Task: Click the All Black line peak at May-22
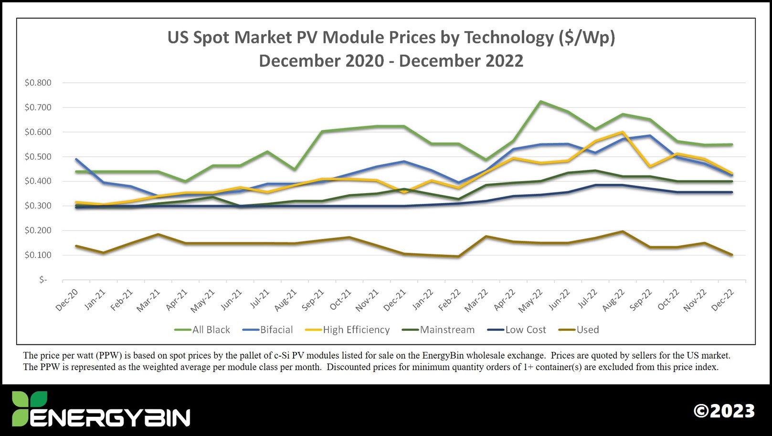(540, 101)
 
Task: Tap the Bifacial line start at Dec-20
(76, 159)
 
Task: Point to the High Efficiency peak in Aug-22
(622, 132)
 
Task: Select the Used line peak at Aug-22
(622, 231)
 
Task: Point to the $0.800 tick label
(38, 83)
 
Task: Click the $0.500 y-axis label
(38, 157)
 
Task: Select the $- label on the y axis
(43, 280)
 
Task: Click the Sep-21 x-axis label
(313, 300)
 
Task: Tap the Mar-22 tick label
(477, 300)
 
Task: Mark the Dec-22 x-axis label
(722, 300)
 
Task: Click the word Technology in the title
(508, 37)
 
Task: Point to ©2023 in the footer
(724, 411)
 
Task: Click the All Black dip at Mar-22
(486, 160)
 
